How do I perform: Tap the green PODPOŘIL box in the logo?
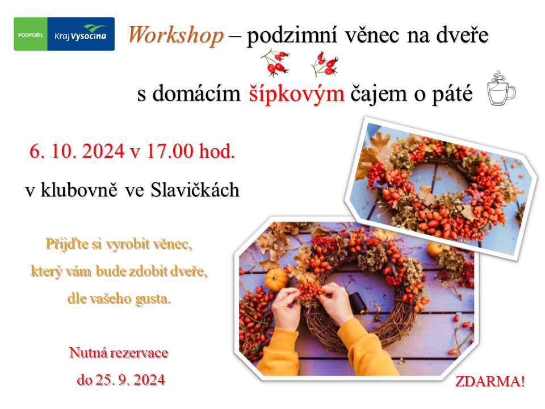(31, 34)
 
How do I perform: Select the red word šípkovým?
(296, 94)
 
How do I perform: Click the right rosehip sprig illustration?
(324, 64)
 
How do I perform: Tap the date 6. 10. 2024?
(77, 151)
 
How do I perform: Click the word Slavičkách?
(195, 190)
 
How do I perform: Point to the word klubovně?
(79, 190)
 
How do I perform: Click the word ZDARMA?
(490, 382)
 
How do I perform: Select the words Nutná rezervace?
(119, 353)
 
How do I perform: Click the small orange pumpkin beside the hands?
(276, 278)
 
